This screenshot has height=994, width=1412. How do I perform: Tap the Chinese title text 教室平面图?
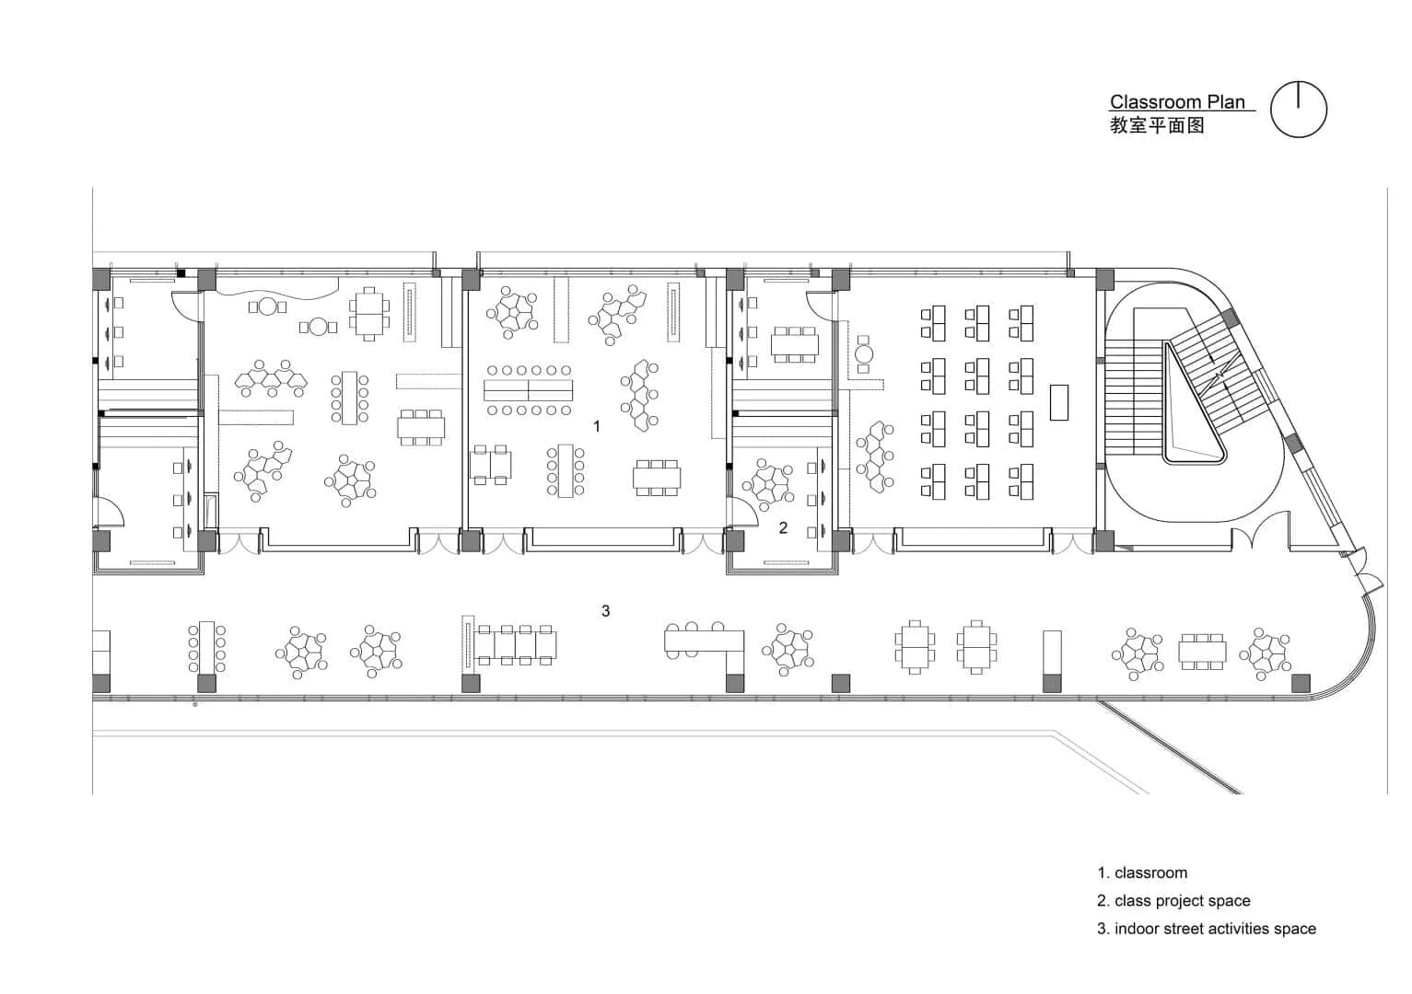pyautogui.click(x=1157, y=126)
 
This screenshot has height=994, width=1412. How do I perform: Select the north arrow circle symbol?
pyautogui.click(x=1299, y=110)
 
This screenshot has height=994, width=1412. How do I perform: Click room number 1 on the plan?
pyautogui.click(x=597, y=426)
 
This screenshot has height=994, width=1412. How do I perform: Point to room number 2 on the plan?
pyautogui.click(x=783, y=527)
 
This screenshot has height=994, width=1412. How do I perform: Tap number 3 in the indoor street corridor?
pyautogui.click(x=605, y=610)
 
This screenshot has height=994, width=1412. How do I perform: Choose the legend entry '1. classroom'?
pyautogui.click(x=1142, y=873)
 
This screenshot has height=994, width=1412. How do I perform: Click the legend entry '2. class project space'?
pyautogui.click(x=1173, y=901)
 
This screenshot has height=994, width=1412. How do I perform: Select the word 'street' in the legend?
pyautogui.click(x=1183, y=929)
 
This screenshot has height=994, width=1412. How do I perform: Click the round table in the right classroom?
pyautogui.click(x=864, y=353)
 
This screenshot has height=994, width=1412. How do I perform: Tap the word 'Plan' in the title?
pyautogui.click(x=1228, y=102)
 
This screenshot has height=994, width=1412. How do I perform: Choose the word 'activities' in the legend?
pyautogui.click(x=1237, y=929)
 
